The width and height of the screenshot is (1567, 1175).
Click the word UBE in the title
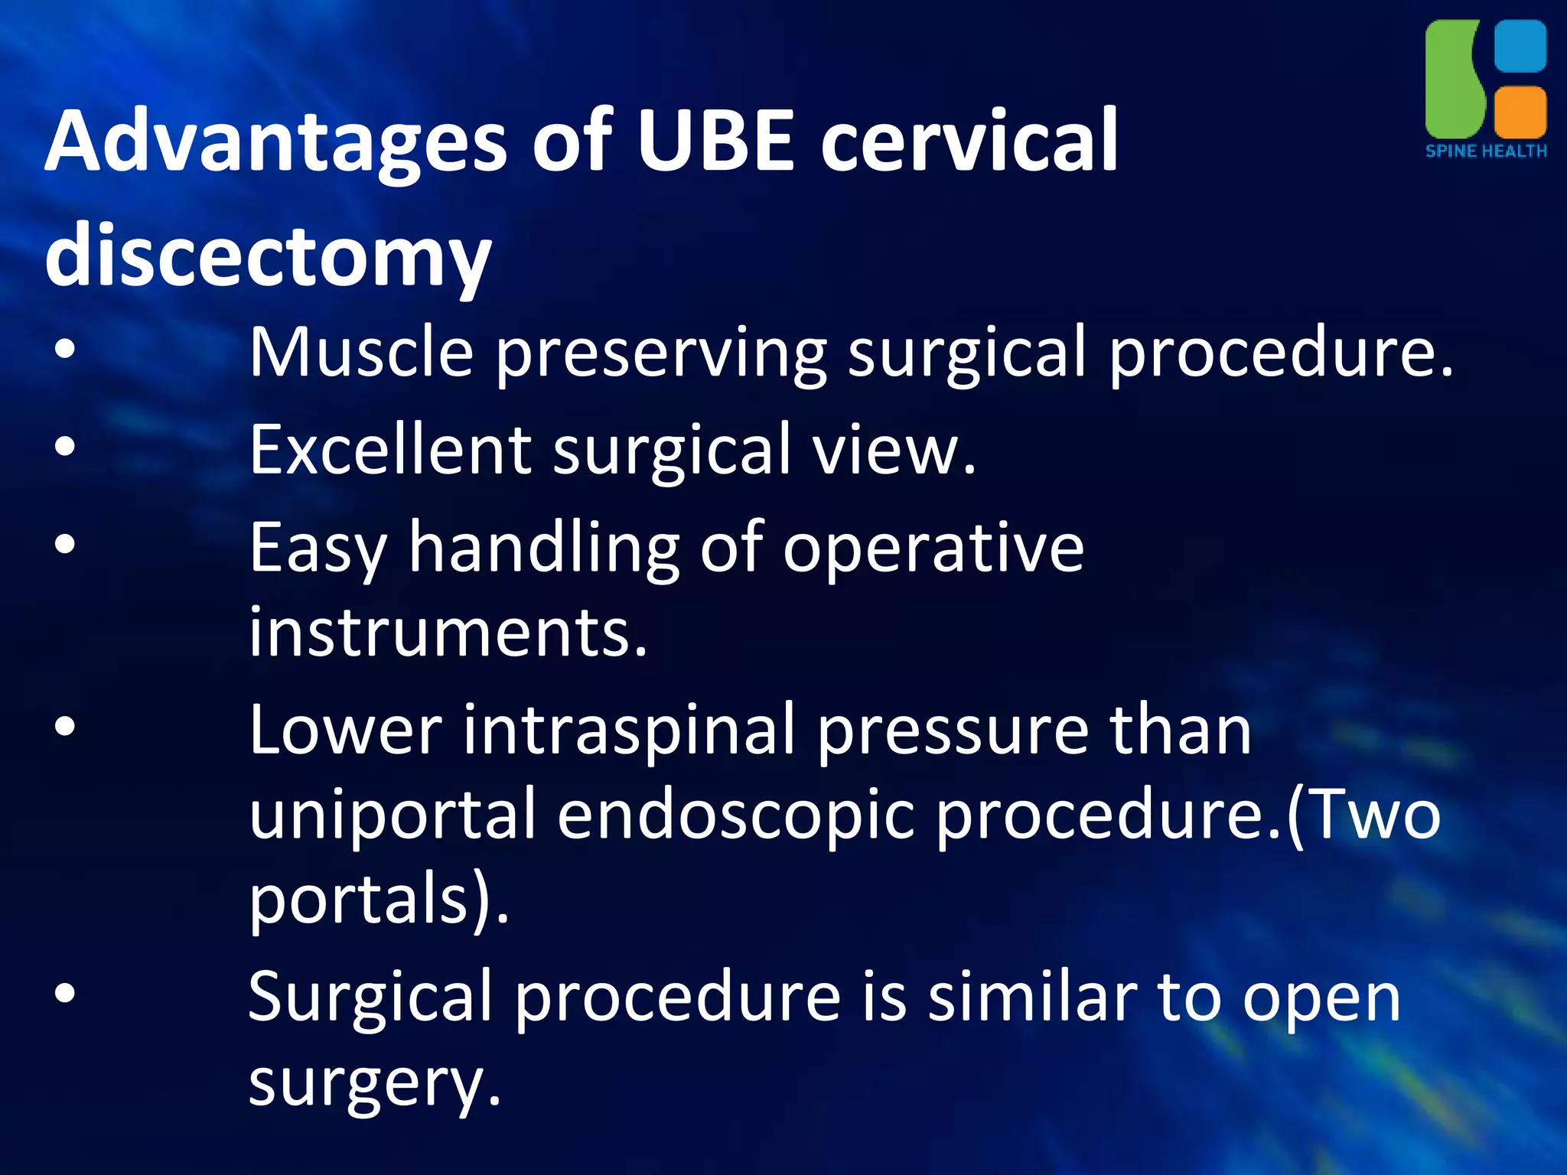coord(715,142)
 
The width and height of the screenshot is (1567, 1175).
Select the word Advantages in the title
coord(275,142)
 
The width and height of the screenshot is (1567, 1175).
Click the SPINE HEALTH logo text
coord(1486,151)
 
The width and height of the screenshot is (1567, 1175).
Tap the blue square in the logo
coord(1520,46)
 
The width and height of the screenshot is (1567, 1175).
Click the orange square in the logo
coord(1520,111)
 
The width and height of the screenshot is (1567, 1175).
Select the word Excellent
coord(390,450)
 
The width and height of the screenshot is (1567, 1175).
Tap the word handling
coord(543,548)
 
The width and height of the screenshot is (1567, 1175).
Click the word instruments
coord(448,632)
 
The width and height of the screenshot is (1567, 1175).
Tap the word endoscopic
coord(735,815)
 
